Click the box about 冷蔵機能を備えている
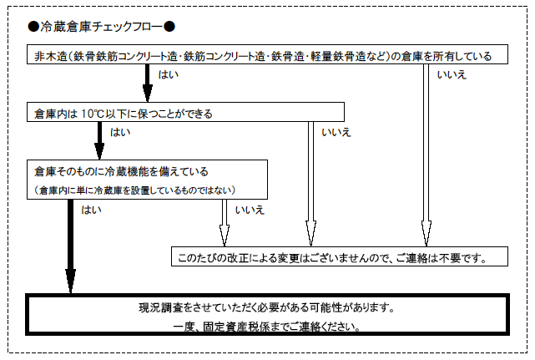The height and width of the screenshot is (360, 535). click(x=149, y=180)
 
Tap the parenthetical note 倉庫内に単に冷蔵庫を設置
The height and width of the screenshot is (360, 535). click(x=138, y=191)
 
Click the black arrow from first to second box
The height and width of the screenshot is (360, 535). click(x=148, y=83)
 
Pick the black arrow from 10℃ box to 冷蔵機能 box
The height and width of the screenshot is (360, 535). click(x=99, y=139)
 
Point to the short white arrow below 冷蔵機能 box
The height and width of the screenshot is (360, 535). click(x=223, y=221)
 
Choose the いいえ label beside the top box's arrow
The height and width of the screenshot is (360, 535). click(x=451, y=76)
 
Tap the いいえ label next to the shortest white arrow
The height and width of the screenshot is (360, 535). click(x=250, y=210)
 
